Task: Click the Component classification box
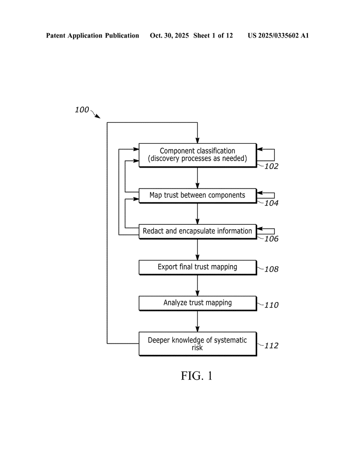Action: click(197, 155)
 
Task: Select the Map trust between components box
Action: click(197, 195)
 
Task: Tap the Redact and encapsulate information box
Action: click(197, 231)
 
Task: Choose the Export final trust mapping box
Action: click(197, 267)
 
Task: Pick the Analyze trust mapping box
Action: click(197, 303)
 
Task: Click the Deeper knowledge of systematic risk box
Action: click(197, 343)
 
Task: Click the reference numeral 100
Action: click(82, 110)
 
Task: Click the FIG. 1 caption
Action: click(197, 376)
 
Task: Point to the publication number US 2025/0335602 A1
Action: click(278, 35)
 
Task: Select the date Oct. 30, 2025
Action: click(169, 35)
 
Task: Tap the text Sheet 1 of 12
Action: click(213, 35)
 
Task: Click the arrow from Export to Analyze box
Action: click(198, 285)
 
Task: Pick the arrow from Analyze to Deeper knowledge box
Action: click(198, 321)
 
